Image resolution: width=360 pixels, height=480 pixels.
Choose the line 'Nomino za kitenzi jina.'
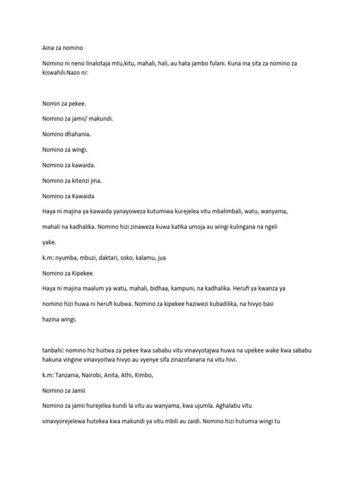tap(72, 180)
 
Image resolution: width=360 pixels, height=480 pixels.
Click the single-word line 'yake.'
tap(49, 242)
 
